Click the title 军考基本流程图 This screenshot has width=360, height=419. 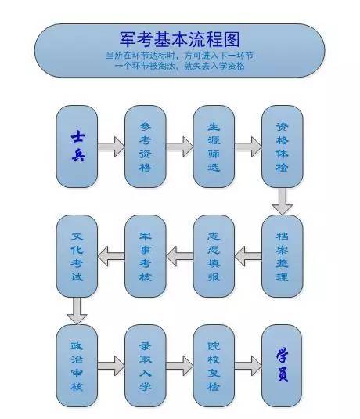[181, 39]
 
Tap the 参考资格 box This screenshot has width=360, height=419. [146, 146]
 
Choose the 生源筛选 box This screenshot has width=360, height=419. [214, 146]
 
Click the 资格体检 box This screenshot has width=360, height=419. [282, 146]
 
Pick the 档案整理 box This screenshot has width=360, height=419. [282, 255]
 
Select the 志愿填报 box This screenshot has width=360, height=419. [214, 255]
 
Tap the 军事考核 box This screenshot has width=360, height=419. [146, 255]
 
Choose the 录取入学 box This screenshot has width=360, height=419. [146, 364]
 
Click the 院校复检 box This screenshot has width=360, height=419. [214, 364]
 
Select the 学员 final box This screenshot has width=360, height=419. [282, 364]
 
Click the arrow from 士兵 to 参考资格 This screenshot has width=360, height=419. [112, 146]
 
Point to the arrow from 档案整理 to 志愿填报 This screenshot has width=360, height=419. [248, 253]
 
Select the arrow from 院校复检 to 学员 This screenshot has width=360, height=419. [248, 364]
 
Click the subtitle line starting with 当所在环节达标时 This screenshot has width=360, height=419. [181, 56]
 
